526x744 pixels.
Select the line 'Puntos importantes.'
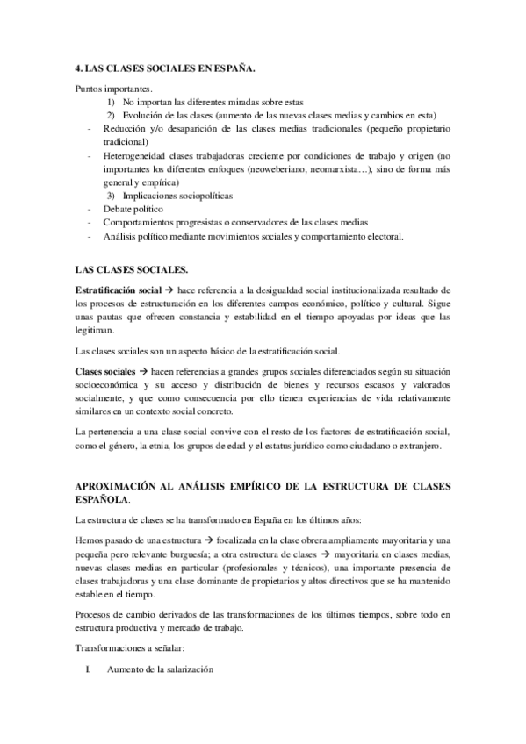(x=113, y=89)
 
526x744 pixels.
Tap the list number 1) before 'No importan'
(x=112, y=102)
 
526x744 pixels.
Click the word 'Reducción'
(x=125, y=129)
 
